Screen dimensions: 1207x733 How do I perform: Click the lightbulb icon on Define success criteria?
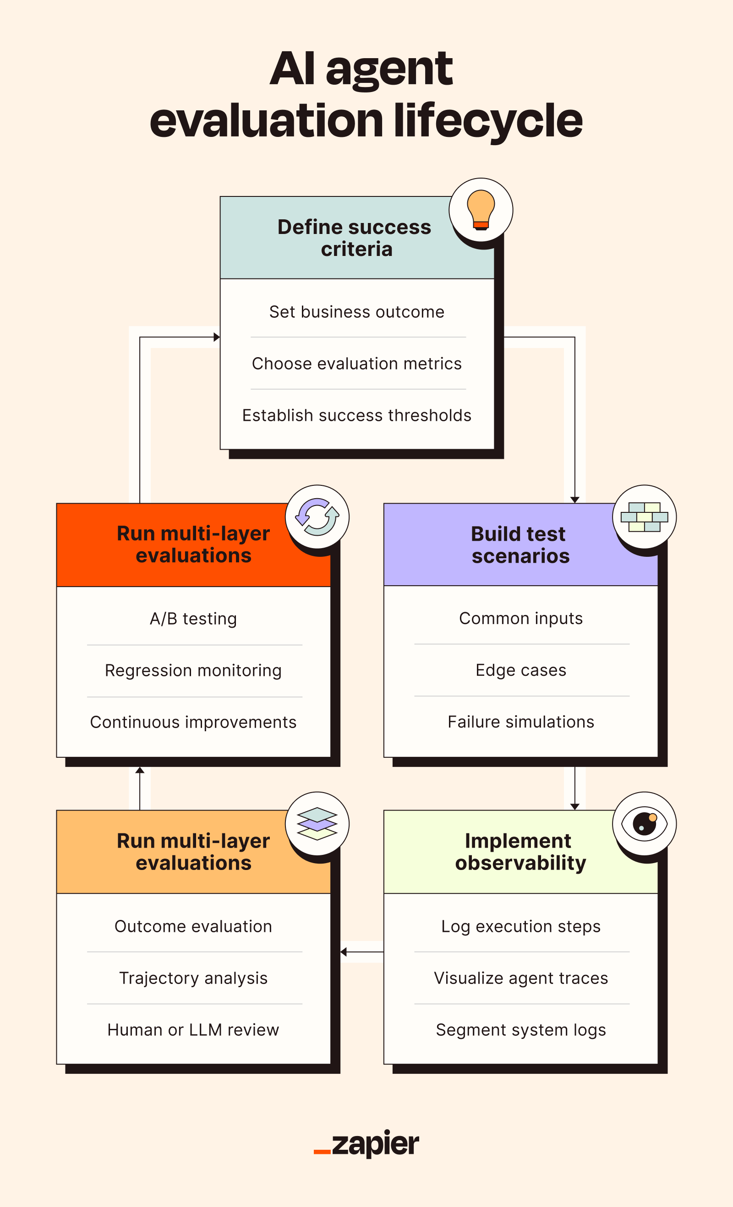[481, 210]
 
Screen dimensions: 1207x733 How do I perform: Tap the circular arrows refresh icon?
[317, 517]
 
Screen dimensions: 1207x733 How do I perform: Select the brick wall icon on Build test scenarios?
[644, 517]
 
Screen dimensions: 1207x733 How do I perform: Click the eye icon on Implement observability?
[644, 823]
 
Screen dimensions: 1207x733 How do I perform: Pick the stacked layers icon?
[317, 823]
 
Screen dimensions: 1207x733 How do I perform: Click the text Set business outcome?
[357, 312]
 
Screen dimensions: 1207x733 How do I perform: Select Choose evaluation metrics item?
[357, 364]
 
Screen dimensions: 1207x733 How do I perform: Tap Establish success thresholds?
[357, 415]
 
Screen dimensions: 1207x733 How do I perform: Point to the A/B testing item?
[193, 619]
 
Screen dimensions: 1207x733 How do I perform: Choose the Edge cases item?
[521, 670]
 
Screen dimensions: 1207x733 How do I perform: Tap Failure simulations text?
[521, 722]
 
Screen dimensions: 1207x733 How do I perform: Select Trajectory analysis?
[193, 978]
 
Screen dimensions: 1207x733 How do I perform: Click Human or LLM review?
[193, 1030]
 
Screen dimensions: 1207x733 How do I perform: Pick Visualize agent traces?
[521, 978]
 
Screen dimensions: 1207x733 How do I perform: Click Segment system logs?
[521, 1030]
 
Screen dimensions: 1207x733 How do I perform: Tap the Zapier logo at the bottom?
[366, 1144]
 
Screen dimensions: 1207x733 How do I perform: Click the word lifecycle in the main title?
[487, 121]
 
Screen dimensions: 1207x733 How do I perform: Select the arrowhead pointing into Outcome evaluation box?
[344, 952]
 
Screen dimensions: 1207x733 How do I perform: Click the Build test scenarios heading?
[520, 545]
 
